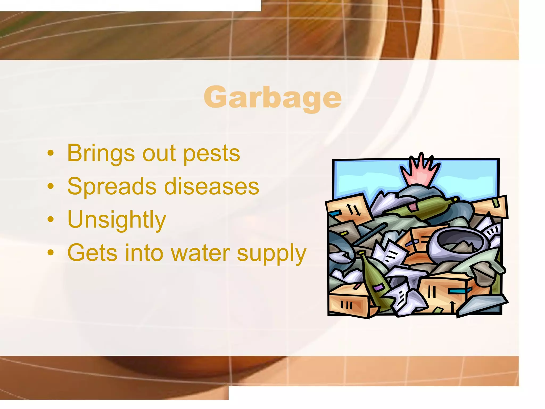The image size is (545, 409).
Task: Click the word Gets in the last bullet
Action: [92, 253]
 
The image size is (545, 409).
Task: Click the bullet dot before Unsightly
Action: [51, 220]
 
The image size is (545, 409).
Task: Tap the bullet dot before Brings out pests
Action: [51, 154]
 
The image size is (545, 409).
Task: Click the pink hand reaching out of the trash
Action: [420, 170]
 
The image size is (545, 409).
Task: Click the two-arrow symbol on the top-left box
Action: [353, 209]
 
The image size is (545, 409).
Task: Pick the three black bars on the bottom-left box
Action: [346, 305]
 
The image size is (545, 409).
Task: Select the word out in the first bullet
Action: [159, 154]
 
